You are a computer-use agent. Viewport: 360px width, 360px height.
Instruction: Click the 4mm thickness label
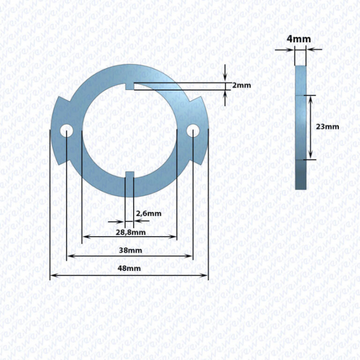299,39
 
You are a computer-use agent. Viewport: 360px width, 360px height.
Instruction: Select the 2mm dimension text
242,85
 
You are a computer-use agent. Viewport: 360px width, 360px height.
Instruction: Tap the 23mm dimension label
328,127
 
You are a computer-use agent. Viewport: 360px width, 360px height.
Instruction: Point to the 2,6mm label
149,213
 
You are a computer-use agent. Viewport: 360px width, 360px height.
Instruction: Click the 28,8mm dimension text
131,232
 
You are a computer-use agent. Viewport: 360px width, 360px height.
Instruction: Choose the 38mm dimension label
130,250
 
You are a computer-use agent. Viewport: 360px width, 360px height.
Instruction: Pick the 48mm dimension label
129,268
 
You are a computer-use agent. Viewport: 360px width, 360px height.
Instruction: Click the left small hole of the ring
66,131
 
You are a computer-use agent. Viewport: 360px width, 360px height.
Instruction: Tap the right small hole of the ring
193,131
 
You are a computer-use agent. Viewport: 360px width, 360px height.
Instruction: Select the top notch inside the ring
130,86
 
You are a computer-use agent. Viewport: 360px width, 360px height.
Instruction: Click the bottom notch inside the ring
130,175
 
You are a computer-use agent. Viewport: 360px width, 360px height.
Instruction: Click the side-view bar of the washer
300,128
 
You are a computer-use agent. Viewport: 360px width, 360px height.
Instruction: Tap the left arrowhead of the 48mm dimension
53,275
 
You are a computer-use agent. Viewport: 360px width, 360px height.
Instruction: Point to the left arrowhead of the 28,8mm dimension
86,237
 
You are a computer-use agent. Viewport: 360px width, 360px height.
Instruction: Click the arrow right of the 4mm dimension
314,49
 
